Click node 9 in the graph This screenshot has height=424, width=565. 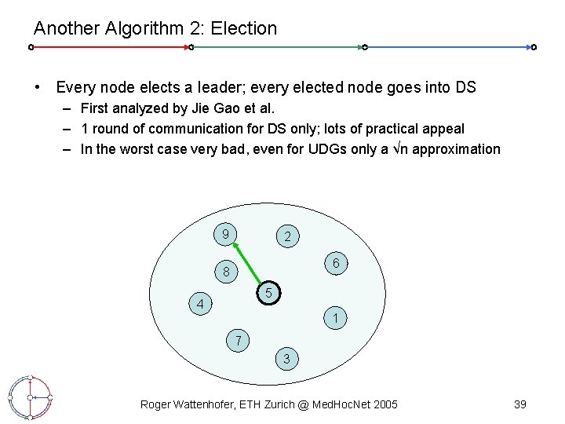point(225,234)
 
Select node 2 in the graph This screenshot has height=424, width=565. point(288,236)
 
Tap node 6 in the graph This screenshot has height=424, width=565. point(335,264)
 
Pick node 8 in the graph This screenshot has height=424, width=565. point(226,272)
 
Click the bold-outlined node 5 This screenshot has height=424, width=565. point(268,294)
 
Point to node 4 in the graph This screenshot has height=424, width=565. point(201,304)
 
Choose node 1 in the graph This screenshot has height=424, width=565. point(335,319)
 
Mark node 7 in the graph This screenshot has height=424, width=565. point(239,340)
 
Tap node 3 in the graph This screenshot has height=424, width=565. point(287,359)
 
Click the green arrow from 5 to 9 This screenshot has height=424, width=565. point(249,265)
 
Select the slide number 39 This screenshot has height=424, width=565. point(519,404)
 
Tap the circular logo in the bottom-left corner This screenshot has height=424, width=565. point(29,397)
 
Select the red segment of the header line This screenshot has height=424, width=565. point(110,47)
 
